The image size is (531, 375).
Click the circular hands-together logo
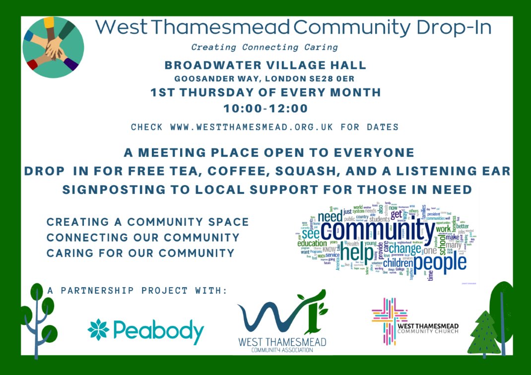pyautogui.click(x=53, y=47)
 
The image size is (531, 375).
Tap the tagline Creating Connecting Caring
pyautogui.click(x=265, y=48)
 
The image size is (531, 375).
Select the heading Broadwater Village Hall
pyautogui.click(x=265, y=65)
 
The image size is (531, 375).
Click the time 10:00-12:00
pyautogui.click(x=265, y=109)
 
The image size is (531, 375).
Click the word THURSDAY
pyautogui.click(x=237, y=92)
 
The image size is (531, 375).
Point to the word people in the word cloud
pyautogui.click(x=440, y=262)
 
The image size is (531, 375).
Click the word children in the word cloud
pyautogui.click(x=398, y=262)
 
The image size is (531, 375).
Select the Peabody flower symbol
pyautogui.click(x=98, y=330)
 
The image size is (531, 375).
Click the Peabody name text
pyautogui.click(x=158, y=332)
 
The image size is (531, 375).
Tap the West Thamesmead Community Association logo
pyautogui.click(x=281, y=321)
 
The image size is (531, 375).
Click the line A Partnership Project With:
pyautogui.click(x=137, y=290)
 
